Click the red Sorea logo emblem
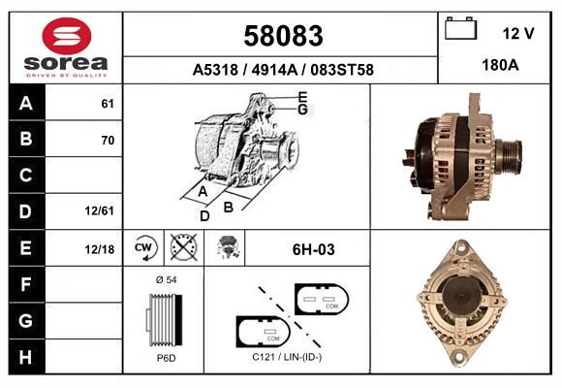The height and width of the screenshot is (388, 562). pos(67,36)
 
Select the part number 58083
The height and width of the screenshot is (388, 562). pos(283,36)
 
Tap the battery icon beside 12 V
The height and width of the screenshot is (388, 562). pos(460,28)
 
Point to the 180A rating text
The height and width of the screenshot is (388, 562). pos(500,65)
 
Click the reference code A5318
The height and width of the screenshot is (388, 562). pos(215,70)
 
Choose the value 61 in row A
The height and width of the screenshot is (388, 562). pos(108,104)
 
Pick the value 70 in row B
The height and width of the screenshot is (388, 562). pos(108,140)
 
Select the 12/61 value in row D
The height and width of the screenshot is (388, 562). pos(99,210)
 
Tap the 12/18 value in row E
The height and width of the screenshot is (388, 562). pos(99,249)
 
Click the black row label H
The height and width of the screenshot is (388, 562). pos(25,357)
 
